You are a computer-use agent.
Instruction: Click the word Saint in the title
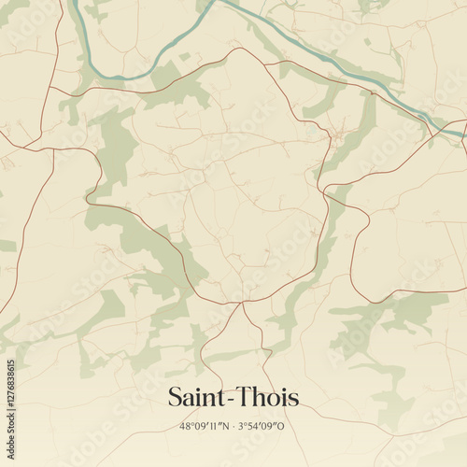[x=198, y=398]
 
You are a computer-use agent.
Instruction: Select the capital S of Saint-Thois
[x=175, y=398]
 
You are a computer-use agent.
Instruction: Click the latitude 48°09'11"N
[x=204, y=424]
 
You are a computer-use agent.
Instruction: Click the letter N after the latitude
[x=223, y=424]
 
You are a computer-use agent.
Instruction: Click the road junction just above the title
[x=241, y=302]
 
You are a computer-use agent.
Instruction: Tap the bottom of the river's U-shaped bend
[x=117, y=76]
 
